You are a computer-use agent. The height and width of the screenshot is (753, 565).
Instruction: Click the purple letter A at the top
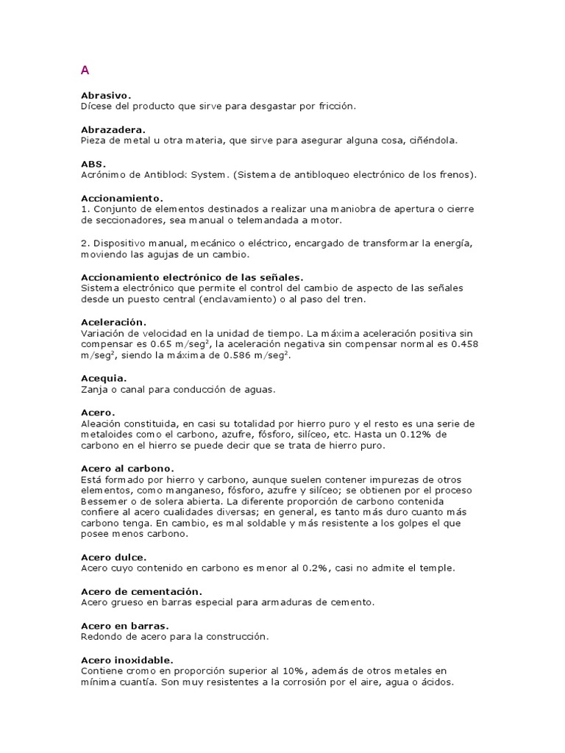[x=85, y=71]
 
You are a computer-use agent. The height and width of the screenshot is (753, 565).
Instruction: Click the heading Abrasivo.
[x=106, y=96]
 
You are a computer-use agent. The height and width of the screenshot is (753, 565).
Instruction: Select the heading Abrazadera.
[x=113, y=129]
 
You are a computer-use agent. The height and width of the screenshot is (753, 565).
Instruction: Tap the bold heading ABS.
[x=93, y=164]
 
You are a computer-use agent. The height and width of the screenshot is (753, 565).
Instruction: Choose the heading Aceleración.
[x=113, y=322]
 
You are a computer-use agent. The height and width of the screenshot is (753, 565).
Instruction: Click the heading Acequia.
[x=104, y=378]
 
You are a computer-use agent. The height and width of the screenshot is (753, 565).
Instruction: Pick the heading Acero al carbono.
[x=127, y=468]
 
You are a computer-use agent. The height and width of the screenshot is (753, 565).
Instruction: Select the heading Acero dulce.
[x=113, y=557]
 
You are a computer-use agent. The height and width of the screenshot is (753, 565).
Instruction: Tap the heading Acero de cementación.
[x=141, y=591]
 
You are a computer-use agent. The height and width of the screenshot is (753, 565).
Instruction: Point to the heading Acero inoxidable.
[x=127, y=660]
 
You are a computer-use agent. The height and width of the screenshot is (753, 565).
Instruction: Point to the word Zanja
[x=93, y=390]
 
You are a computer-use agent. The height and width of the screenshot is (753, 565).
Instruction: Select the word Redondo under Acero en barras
[x=100, y=637]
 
